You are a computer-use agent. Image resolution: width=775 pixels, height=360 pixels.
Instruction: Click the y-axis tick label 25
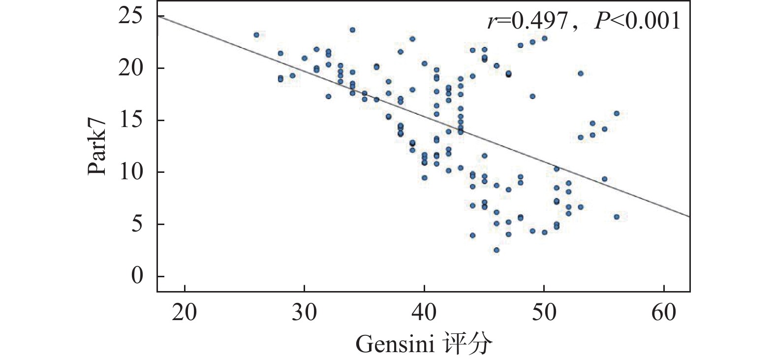click(x=130, y=17)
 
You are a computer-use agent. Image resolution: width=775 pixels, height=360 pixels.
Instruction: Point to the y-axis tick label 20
click(x=130, y=68)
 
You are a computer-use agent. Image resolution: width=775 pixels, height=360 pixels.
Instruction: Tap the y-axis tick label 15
click(x=130, y=120)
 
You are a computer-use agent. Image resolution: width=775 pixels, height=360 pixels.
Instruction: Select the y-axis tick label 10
click(x=130, y=172)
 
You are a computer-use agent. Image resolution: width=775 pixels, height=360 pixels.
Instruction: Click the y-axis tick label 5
click(x=137, y=224)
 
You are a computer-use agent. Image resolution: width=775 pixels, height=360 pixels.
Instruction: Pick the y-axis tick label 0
click(x=137, y=276)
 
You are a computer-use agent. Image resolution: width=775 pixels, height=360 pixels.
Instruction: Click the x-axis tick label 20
click(x=185, y=312)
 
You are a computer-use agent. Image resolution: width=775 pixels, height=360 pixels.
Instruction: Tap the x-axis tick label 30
click(x=304, y=312)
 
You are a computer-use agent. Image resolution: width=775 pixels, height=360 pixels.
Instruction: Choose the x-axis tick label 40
click(x=424, y=312)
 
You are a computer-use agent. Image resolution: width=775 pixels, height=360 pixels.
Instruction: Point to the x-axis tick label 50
click(x=544, y=312)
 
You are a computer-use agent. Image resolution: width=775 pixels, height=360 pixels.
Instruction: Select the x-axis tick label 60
click(x=664, y=312)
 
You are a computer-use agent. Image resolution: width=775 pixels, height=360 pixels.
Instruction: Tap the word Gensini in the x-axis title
click(x=395, y=344)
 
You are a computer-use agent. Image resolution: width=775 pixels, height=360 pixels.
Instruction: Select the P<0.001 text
click(x=637, y=21)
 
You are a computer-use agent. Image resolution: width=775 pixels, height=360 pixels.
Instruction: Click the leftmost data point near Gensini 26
click(x=256, y=35)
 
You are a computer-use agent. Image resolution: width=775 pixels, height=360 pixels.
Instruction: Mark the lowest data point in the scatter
click(x=496, y=250)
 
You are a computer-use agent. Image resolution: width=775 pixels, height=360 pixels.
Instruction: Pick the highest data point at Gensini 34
click(x=352, y=30)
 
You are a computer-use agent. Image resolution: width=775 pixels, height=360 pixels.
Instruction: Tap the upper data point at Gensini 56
click(x=616, y=113)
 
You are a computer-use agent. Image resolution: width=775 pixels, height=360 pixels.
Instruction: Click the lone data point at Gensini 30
click(x=305, y=58)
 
